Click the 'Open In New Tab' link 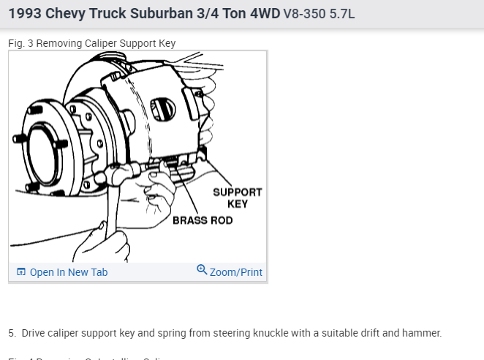click(68, 272)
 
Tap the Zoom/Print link click(235, 272)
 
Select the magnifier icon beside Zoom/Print click(202, 270)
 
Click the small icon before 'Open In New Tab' click(21, 272)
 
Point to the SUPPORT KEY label click(237, 198)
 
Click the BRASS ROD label click(203, 220)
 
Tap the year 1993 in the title click(26, 14)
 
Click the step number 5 click(12, 333)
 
